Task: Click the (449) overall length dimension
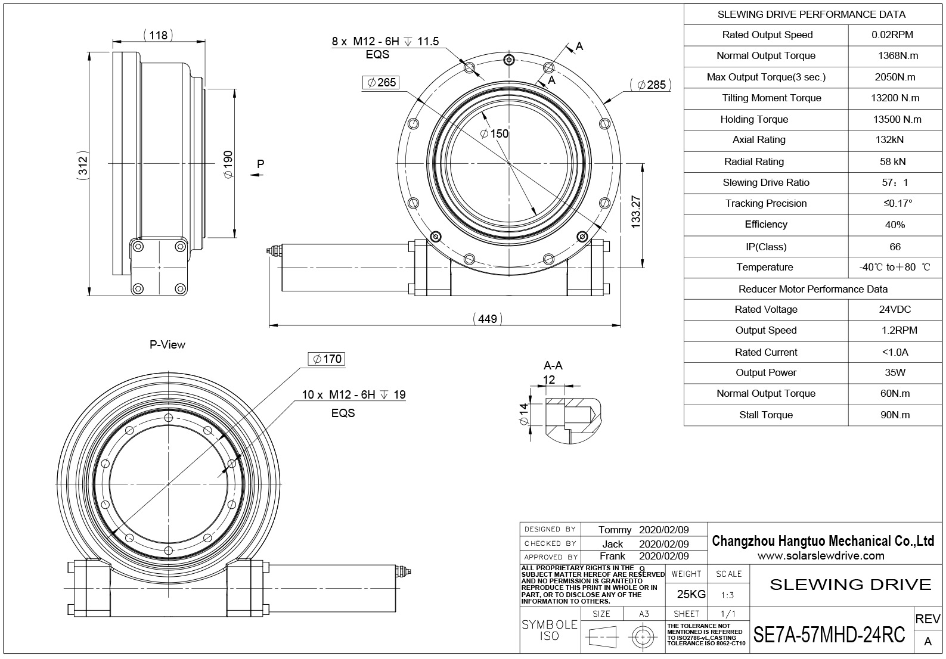click(488, 319)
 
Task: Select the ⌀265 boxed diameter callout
click(380, 82)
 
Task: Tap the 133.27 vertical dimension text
click(635, 212)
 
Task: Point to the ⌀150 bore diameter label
click(495, 134)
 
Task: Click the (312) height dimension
click(83, 166)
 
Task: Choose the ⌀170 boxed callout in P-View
click(327, 359)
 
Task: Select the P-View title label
click(168, 344)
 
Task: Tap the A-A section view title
click(553, 365)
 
